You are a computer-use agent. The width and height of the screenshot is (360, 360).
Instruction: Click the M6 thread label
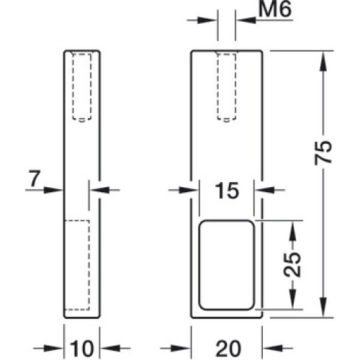[x=276, y=9]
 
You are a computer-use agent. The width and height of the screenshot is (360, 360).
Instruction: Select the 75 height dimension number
[x=323, y=153]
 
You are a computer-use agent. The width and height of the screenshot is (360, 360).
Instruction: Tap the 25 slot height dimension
[x=292, y=264]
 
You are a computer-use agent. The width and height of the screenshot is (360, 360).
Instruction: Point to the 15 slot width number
[x=228, y=190]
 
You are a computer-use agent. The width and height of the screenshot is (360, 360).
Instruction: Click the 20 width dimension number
[x=228, y=348]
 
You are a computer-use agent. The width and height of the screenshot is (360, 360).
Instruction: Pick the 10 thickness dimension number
[x=82, y=348]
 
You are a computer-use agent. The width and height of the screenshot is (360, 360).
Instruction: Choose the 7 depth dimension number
[x=35, y=178]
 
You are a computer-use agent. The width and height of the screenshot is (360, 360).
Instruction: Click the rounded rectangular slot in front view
[x=226, y=265]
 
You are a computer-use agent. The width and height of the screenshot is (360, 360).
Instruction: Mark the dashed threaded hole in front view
[x=226, y=87]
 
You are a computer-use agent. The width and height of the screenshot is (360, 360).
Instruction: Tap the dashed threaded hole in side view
[x=82, y=87]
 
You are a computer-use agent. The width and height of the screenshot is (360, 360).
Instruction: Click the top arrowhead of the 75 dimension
[x=323, y=63]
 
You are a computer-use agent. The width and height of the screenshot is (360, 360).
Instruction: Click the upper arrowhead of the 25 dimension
[x=292, y=231]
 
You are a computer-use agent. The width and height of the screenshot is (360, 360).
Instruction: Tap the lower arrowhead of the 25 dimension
[x=292, y=299]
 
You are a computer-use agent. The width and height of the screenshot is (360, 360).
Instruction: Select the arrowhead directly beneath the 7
[x=53, y=190]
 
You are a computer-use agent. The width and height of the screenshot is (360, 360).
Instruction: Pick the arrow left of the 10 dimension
[x=48, y=348]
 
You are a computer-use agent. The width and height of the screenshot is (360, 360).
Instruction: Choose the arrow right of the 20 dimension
[x=278, y=348]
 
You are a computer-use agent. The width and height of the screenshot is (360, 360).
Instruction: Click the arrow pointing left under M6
[x=266, y=20]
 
